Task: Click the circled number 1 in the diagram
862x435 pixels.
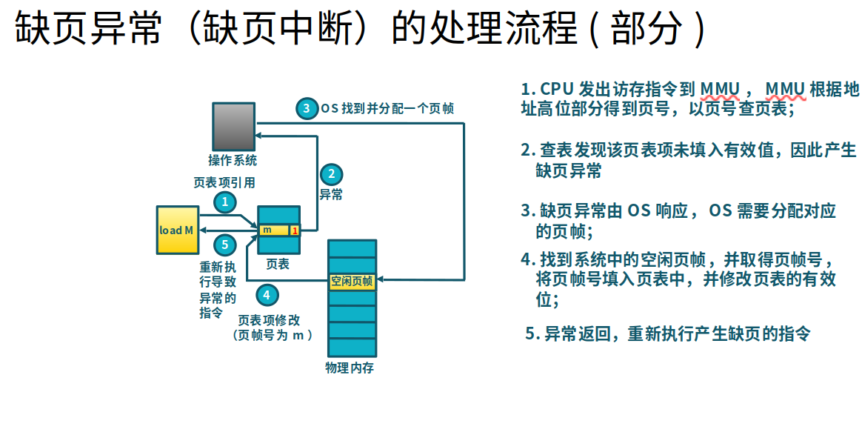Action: coord(225,202)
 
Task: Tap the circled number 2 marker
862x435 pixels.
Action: coord(332,175)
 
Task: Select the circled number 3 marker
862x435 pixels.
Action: coord(307,108)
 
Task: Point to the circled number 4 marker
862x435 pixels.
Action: coord(267,295)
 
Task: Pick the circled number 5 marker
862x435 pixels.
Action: coord(225,244)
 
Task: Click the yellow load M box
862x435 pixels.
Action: coord(178,230)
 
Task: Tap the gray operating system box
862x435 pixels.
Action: coord(233,127)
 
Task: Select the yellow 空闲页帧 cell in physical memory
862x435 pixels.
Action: coord(352,281)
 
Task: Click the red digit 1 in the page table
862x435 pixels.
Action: coord(295,230)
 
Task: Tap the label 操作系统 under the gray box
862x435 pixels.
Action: coord(233,160)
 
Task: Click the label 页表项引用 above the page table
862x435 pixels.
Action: coord(224,182)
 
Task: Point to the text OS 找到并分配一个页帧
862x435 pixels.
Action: coord(387,108)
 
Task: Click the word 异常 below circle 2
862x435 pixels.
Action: coord(331,195)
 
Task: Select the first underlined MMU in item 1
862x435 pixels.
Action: coord(720,90)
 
